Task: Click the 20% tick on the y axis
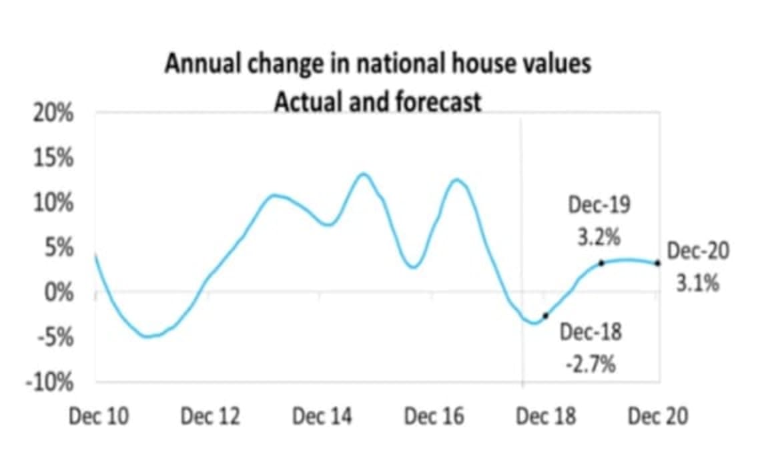pyautogui.click(x=53, y=113)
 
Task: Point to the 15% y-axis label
pyautogui.click(x=53, y=158)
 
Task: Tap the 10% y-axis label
pyautogui.click(x=53, y=203)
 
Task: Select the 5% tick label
pyautogui.click(x=59, y=248)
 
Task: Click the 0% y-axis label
pyautogui.click(x=59, y=292)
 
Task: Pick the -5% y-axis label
pyautogui.click(x=56, y=337)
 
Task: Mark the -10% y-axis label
pyautogui.click(x=51, y=383)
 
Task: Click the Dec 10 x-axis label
pyautogui.click(x=98, y=417)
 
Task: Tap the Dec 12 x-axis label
pyautogui.click(x=210, y=417)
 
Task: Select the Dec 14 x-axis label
pyautogui.click(x=322, y=417)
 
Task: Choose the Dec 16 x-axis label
pyautogui.click(x=434, y=417)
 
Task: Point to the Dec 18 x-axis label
pyautogui.click(x=546, y=417)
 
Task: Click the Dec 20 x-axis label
pyautogui.click(x=658, y=417)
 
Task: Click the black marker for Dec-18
pyautogui.click(x=546, y=316)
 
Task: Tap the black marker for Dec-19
pyautogui.click(x=601, y=263)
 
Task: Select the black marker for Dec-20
pyautogui.click(x=658, y=263)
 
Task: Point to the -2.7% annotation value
pyautogui.click(x=591, y=365)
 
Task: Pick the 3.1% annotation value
pyautogui.click(x=698, y=284)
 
